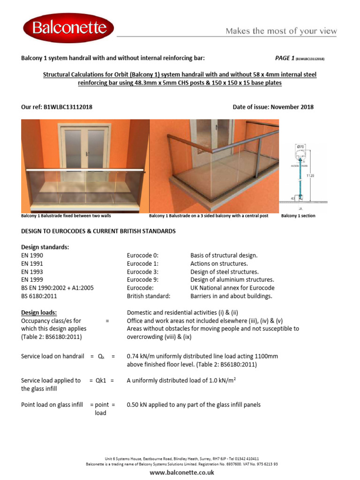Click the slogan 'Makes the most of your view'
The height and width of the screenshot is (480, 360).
[281, 31]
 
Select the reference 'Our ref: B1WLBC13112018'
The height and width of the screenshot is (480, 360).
[57, 107]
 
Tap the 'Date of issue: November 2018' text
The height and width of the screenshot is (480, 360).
[273, 107]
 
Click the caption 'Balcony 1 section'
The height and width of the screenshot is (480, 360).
[298, 216]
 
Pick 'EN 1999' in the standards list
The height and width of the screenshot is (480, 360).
[32, 280]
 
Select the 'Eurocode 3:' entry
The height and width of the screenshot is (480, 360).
[142, 272]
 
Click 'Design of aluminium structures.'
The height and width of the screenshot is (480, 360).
[232, 280]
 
